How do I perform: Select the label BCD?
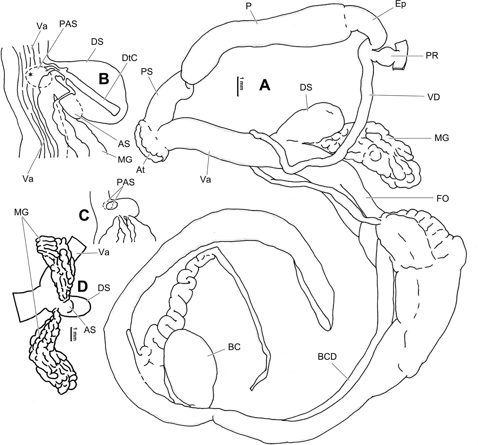coord(328,357)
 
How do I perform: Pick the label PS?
coord(147,71)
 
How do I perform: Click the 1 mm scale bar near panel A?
coord(238,86)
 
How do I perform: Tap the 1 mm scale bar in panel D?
coord(71,333)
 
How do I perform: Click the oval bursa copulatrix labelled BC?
coord(191,368)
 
